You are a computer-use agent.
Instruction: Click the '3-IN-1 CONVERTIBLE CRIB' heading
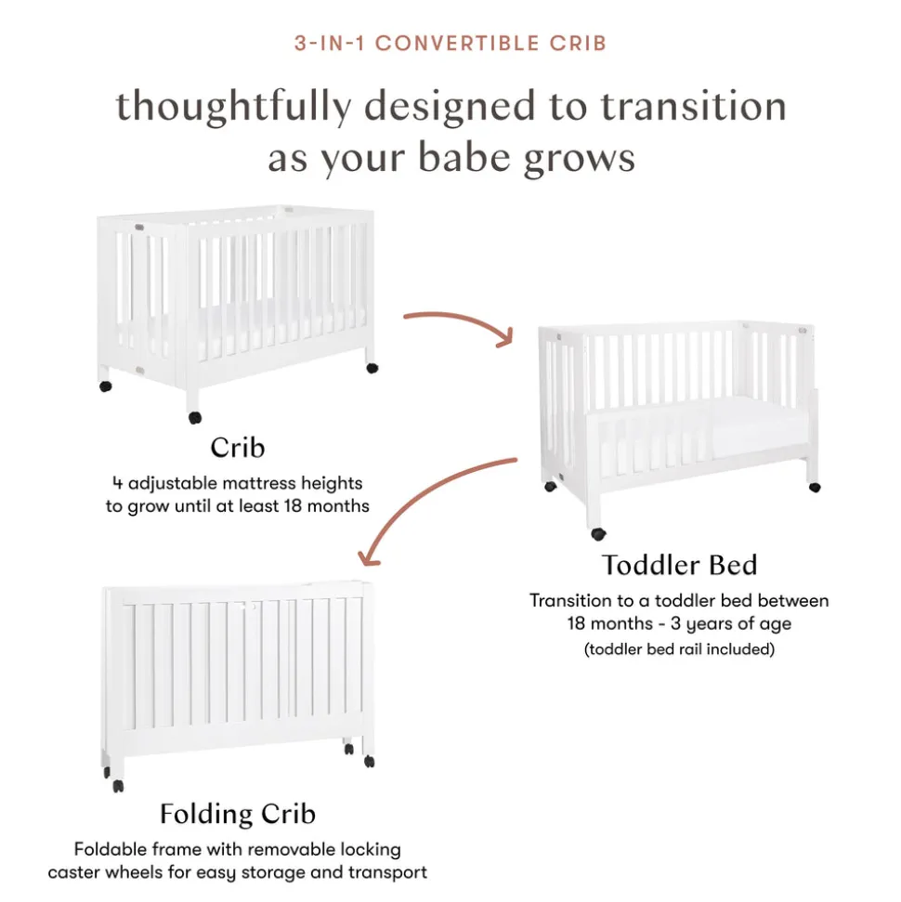point(450,43)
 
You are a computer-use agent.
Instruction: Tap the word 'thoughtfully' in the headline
point(233,107)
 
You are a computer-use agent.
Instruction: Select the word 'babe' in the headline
point(464,158)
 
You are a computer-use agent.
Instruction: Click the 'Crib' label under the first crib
point(237,448)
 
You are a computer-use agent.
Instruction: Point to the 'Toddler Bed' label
point(679,565)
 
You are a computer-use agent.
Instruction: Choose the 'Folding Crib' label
point(238,814)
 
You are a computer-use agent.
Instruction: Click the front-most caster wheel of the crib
point(195,418)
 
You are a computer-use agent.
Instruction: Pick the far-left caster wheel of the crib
point(106,386)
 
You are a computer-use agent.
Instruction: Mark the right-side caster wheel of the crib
point(372,368)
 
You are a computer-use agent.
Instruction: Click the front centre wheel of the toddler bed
point(598,534)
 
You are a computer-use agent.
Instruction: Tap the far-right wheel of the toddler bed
point(815,488)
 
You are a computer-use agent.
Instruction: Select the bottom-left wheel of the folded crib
point(118,786)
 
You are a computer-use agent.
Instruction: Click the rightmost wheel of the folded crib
point(370,762)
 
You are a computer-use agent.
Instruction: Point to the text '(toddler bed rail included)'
point(679,649)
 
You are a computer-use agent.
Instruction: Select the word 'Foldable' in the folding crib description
point(108,850)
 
